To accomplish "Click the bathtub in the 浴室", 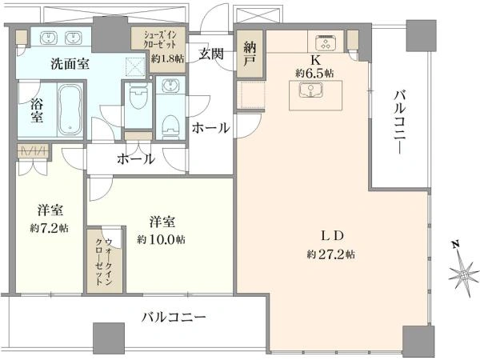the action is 70,110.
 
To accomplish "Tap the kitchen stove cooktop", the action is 326,42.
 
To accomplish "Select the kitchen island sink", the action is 310,90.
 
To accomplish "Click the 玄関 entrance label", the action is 211,54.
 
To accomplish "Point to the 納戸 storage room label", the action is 250,54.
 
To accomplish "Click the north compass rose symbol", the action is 463,272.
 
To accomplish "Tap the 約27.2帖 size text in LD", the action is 331,254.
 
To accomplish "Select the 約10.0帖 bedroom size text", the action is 161,239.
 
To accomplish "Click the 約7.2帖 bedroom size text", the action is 50,228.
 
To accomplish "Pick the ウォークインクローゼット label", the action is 104,262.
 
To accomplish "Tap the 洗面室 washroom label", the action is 70,64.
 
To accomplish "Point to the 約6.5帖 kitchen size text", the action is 314,73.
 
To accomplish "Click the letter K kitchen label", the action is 315,61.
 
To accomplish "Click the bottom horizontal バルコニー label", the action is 174,318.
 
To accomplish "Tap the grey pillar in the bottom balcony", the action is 109,338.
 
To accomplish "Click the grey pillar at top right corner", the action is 421,35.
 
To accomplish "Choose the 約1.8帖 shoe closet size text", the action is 167,58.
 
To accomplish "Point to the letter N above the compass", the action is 456,244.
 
